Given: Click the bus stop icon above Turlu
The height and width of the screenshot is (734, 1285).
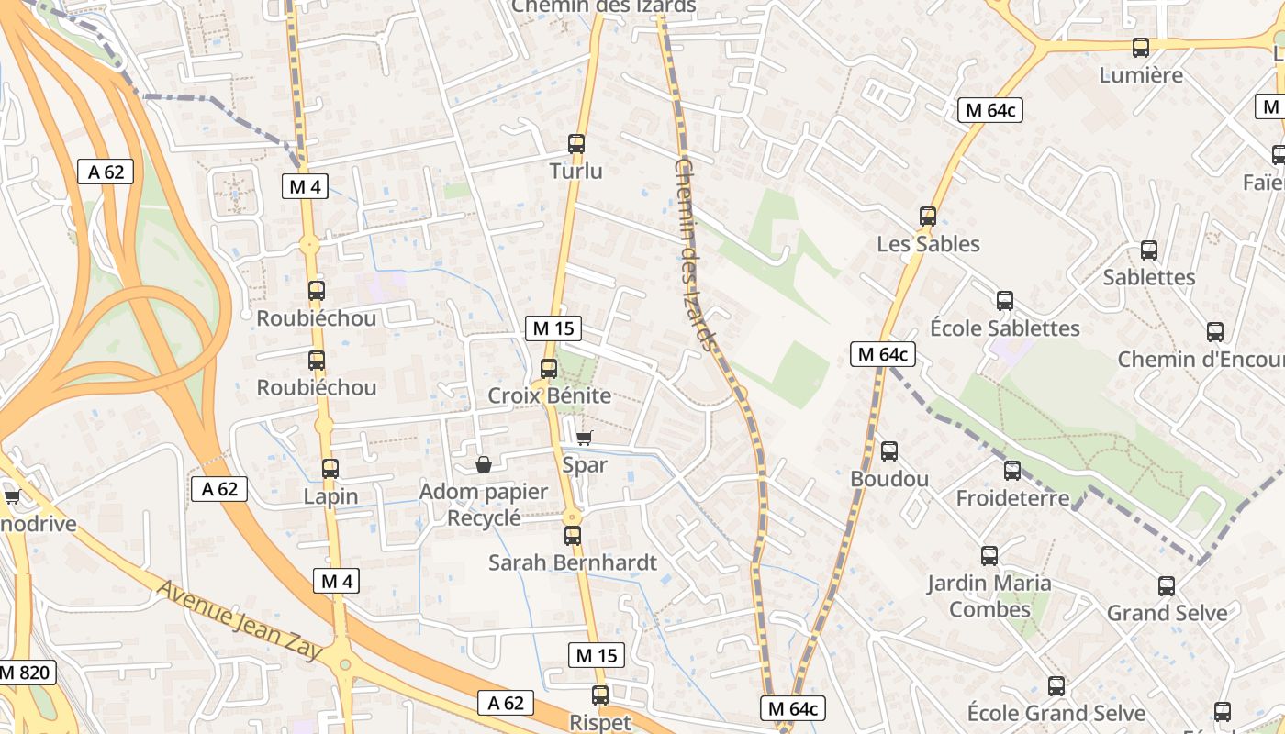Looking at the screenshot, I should [x=576, y=143].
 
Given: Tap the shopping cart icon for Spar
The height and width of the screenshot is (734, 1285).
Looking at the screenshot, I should [x=584, y=438].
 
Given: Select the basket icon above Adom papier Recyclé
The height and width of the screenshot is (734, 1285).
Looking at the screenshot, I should [x=484, y=464].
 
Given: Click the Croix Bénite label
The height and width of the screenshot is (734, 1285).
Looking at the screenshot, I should [x=549, y=395].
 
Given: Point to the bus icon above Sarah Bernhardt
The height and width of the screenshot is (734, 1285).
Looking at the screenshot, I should [x=573, y=535].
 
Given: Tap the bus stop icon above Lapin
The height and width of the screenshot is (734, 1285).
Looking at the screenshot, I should [x=330, y=469].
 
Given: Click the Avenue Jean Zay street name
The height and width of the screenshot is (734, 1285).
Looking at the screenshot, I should [x=240, y=620].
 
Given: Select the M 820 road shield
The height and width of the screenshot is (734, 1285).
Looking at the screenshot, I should [x=25, y=672].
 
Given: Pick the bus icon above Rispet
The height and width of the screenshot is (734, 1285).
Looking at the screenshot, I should [x=600, y=695].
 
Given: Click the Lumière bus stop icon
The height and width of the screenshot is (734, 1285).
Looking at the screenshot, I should [x=1141, y=48].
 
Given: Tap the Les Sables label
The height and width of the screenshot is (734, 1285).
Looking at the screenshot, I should [x=928, y=244].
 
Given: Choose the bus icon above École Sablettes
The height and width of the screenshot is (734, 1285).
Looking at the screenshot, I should [x=1005, y=300].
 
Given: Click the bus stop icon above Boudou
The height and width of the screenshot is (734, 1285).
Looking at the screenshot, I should [x=889, y=451].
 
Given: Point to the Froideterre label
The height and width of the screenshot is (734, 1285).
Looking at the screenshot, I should [x=1012, y=498].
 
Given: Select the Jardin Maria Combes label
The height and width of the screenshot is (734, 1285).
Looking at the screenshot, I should [x=989, y=595].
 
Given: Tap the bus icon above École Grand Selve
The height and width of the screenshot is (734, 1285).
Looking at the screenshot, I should [x=1056, y=685].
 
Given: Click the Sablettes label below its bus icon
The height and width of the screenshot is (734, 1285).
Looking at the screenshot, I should [x=1149, y=277].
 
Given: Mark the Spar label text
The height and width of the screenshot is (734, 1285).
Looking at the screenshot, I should [x=585, y=464].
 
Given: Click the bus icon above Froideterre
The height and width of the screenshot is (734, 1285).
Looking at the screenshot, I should [x=1012, y=471].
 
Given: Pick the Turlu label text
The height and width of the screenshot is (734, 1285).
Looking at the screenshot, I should [x=576, y=171].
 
